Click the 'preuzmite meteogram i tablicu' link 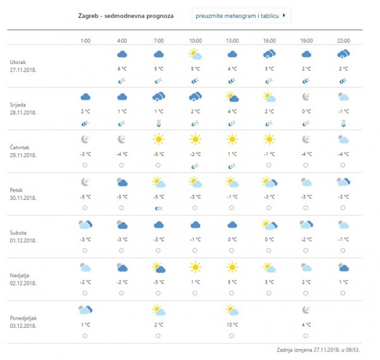[x=240, y=15]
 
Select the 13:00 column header [x=232, y=40]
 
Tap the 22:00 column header [x=343, y=40]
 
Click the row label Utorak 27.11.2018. [x=23, y=66]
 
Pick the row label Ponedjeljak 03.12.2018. [x=27, y=321]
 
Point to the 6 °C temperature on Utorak [x=122, y=68]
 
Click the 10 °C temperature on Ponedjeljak [x=232, y=325]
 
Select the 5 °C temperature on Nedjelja [x=232, y=282]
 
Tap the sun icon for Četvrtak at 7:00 [x=159, y=139]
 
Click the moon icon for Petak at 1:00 [x=85, y=182]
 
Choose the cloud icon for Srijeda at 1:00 [x=85, y=97]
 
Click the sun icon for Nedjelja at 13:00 [x=232, y=267]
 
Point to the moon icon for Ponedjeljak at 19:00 [x=306, y=310]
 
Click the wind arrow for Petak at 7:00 [x=159, y=208]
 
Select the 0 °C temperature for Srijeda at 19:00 [x=306, y=111]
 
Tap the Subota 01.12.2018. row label [x=23, y=235]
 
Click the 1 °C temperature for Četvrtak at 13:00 [x=232, y=154]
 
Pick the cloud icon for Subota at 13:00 [x=232, y=225]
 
